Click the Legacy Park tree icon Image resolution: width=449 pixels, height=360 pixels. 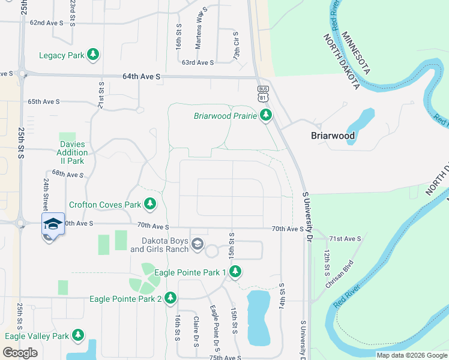93,55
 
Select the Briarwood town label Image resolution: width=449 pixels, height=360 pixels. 333,136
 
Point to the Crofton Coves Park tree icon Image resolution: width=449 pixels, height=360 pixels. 149,205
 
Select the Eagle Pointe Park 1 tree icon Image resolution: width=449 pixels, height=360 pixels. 235,272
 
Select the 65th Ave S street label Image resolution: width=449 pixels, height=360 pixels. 43,102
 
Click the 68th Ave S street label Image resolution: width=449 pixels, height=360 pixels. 67,174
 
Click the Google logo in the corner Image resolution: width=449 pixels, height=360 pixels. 20,353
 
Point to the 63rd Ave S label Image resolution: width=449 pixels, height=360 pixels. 198,62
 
